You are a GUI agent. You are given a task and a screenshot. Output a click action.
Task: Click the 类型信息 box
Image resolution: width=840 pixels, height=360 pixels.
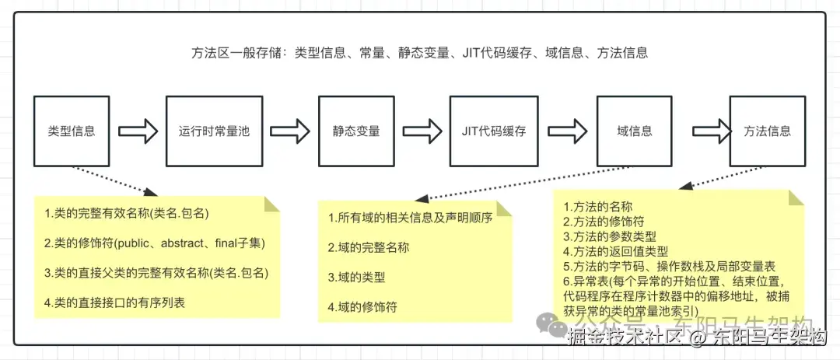[x=72, y=131]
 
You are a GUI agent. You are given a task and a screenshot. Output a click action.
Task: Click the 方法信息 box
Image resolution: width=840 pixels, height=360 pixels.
[x=767, y=131]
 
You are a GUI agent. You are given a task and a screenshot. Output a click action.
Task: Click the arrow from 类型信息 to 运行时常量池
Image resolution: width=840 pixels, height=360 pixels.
[x=140, y=131]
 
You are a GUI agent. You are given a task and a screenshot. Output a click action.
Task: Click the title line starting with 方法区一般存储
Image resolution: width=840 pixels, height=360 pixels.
[x=419, y=54]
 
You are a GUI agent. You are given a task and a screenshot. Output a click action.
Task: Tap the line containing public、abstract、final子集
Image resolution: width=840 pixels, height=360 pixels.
[x=156, y=243]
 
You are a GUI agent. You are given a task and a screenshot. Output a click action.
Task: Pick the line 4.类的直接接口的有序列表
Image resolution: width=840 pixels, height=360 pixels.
[x=115, y=302]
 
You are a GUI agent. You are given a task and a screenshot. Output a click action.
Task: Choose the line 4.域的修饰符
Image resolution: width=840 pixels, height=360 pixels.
[x=362, y=306]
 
